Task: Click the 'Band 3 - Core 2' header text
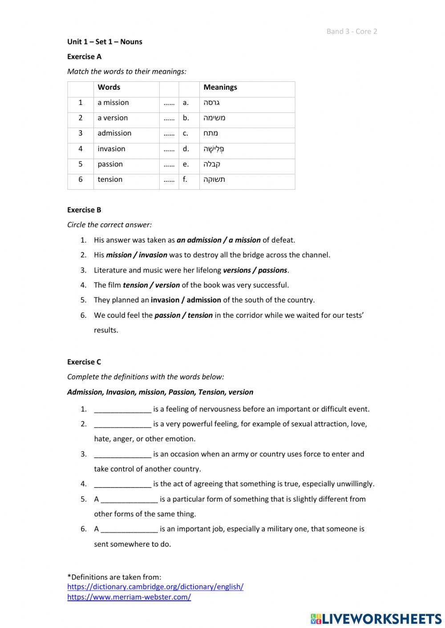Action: (352, 31)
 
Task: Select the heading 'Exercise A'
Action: (84, 56)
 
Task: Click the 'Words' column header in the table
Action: (109, 87)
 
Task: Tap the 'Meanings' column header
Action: (220, 87)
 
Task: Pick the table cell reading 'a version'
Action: (113, 118)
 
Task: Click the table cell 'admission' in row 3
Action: (114, 133)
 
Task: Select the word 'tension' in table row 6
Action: (110, 179)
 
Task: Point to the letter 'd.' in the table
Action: (186, 148)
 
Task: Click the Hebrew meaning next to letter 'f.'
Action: (214, 180)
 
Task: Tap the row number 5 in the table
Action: (81, 164)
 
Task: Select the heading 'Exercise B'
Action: (84, 210)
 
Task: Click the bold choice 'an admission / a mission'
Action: (218, 240)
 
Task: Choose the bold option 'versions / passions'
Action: (255, 270)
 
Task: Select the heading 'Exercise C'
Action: (84, 362)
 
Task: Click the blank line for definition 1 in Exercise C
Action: (123, 409)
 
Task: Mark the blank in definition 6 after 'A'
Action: (129, 529)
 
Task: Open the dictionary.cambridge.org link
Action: (155, 587)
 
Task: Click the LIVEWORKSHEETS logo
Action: (376, 618)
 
